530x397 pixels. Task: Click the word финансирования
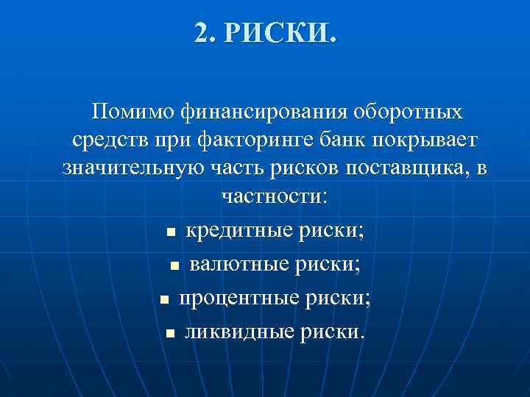[x=252, y=112]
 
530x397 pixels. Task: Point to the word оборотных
[x=409, y=112]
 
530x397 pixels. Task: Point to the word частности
[x=271, y=196]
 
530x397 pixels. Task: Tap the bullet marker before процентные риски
[x=165, y=300]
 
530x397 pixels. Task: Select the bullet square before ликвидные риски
[x=170, y=334]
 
